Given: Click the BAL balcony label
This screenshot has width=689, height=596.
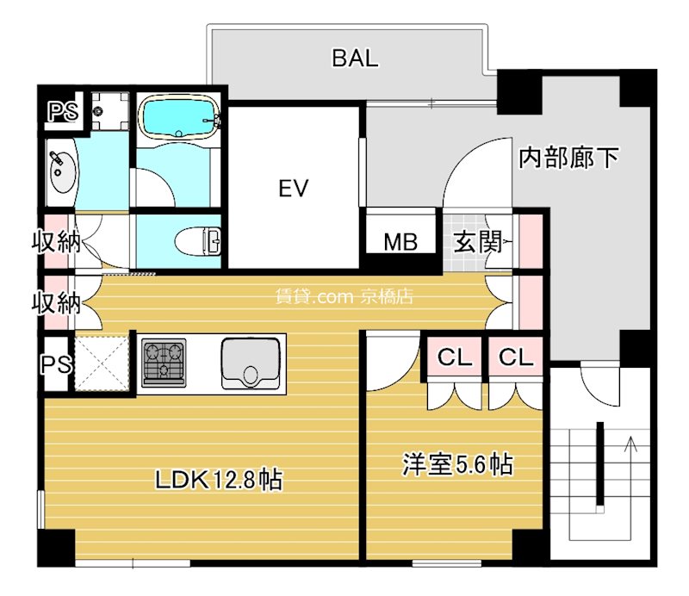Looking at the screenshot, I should click(355, 59).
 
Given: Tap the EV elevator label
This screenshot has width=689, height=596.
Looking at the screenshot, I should click(294, 188).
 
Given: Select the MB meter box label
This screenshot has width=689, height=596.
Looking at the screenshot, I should click(400, 242).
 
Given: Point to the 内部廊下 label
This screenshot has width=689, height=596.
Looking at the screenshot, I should click(569, 158).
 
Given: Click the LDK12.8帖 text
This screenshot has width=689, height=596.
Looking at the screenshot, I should click(220, 480).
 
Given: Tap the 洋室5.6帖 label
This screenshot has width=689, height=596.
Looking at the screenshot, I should click(457, 465).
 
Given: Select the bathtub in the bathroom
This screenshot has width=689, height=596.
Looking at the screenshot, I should click(178, 118).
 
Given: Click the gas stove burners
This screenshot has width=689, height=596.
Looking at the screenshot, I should click(164, 360).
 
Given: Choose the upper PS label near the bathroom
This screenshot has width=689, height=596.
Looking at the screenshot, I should click(60, 111).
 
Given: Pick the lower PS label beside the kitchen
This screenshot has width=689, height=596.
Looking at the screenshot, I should click(55, 364).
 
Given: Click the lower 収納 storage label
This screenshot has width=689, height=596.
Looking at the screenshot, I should click(57, 302).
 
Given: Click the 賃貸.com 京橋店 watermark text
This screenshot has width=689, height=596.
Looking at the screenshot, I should click(344, 297).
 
